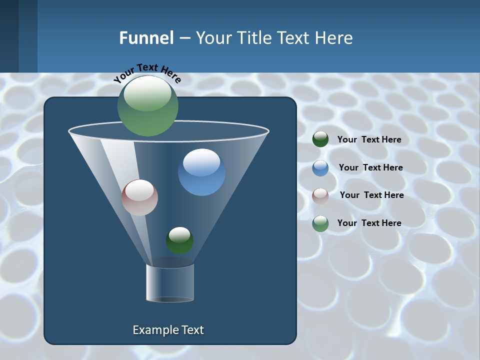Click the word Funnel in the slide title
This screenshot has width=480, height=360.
click(146, 38)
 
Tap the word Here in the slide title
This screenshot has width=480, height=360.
click(331, 38)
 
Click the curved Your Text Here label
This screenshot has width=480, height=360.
click(147, 72)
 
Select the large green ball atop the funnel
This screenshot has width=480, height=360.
click(148, 105)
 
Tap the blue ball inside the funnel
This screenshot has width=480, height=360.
click(201, 172)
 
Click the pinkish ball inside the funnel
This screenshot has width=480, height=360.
click(139, 197)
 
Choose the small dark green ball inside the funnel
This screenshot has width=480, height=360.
click(179, 240)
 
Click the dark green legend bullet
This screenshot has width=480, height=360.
click(320, 139)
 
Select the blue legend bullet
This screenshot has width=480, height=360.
click(320, 168)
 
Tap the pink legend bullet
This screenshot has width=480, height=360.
click(320, 195)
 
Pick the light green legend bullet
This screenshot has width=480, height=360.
click(320, 223)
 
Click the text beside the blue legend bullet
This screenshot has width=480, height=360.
click(370, 168)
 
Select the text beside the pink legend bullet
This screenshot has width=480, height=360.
click(371, 195)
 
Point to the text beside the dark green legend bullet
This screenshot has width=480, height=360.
click(369, 140)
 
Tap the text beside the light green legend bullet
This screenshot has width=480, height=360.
click(369, 223)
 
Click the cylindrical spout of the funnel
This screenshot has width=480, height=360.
click(170, 283)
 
